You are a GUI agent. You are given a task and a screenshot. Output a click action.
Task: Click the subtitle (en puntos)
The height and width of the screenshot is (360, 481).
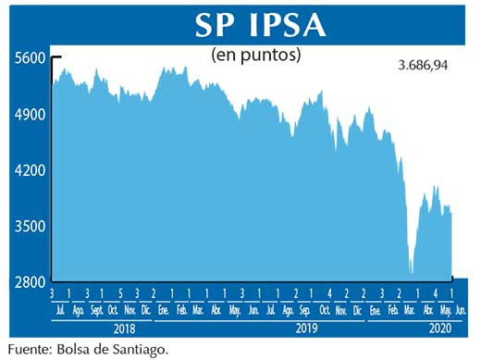coord(256,55)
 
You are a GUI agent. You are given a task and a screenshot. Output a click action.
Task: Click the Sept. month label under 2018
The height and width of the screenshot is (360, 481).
coord(95,310)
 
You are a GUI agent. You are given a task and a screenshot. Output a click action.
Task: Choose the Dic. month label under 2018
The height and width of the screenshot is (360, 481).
coord(146,310)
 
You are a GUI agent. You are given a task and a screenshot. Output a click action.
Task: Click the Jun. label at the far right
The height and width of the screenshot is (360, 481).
coord(462,310)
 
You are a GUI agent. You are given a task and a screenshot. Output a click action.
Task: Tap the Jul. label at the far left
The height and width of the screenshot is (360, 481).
coord(60,310)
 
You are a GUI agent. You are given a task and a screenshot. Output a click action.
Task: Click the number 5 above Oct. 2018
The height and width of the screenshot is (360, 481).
coord(112,293)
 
